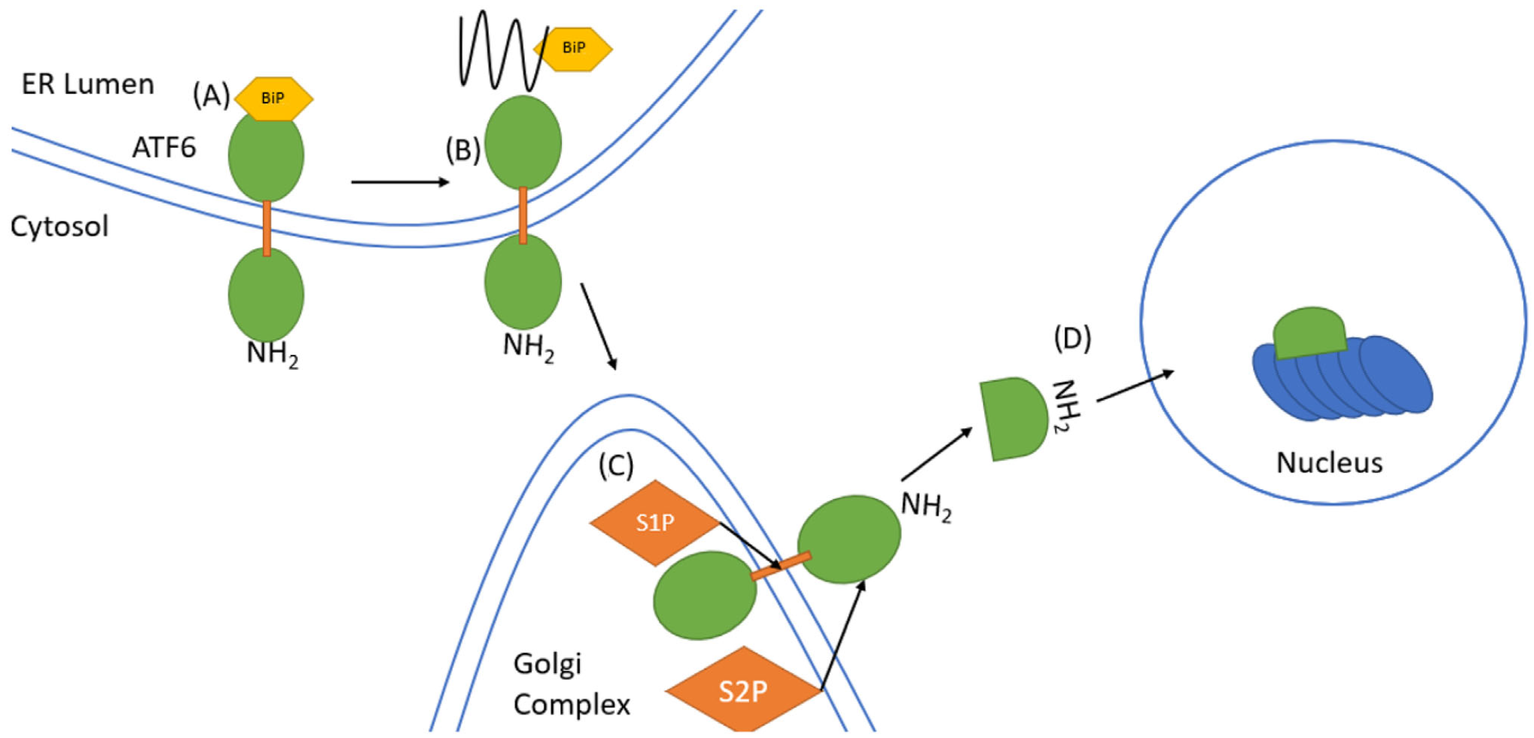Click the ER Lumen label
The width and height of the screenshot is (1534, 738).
click(x=88, y=85)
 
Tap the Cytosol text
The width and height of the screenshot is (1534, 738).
click(x=59, y=227)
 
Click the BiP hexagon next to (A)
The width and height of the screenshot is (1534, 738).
click(x=273, y=98)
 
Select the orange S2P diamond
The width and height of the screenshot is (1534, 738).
click(x=743, y=691)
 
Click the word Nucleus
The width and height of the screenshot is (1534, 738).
click(x=1329, y=463)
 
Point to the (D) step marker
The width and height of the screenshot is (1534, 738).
click(x=1073, y=339)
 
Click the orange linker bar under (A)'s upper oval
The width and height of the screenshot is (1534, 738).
click(x=267, y=228)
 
